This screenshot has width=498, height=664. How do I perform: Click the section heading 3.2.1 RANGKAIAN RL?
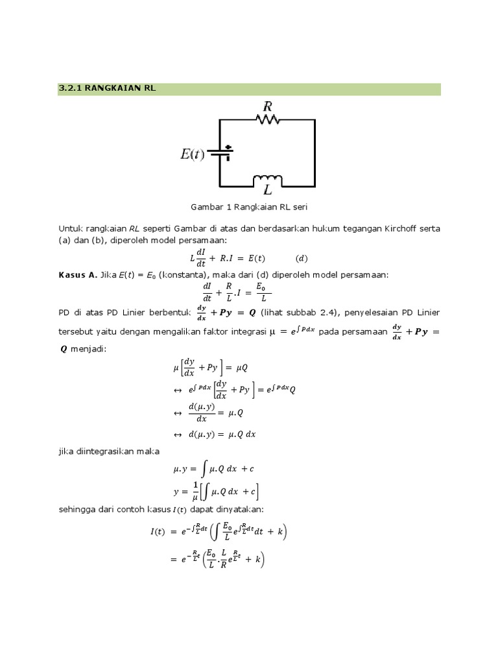[x=108, y=89]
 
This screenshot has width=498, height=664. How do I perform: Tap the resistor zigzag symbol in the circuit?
[x=267, y=119]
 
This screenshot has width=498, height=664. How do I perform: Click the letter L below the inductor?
[x=267, y=191]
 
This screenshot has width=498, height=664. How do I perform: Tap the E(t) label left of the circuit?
[x=192, y=154]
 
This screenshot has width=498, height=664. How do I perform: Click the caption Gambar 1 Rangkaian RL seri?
[x=248, y=207]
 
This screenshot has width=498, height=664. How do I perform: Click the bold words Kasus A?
[x=77, y=275]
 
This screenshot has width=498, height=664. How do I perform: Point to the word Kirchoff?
[x=401, y=229]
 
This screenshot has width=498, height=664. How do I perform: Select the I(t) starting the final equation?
[x=158, y=532]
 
